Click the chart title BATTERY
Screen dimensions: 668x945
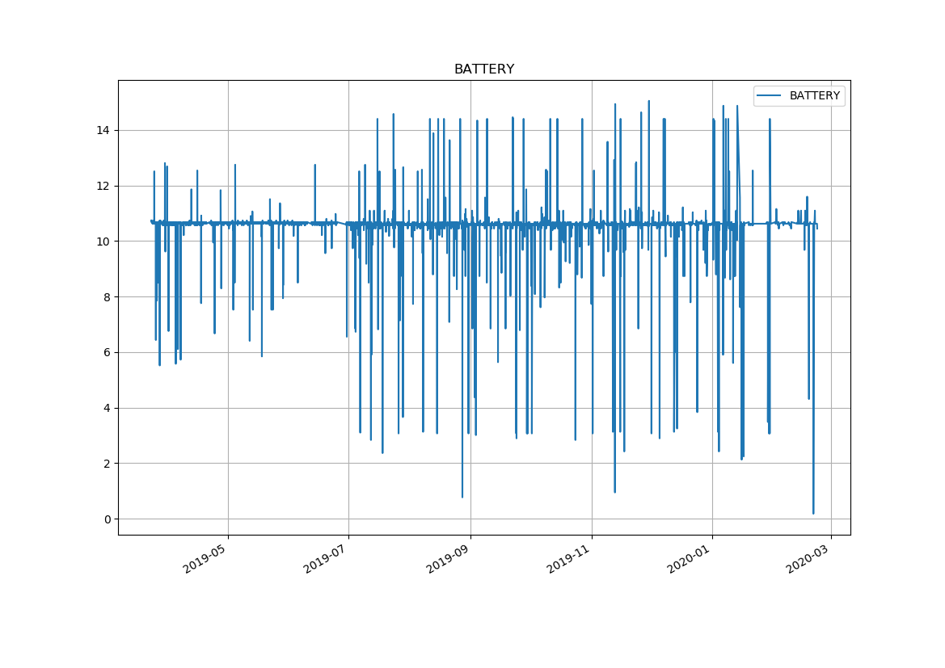(483, 69)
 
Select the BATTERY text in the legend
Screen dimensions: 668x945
(814, 96)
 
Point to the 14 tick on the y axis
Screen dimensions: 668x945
(104, 131)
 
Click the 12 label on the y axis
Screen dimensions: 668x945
(104, 186)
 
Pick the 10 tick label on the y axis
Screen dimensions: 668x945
(104, 242)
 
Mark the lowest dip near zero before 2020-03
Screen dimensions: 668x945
(813, 513)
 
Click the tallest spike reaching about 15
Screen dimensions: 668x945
(648, 102)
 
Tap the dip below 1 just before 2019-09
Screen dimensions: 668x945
(462, 497)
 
